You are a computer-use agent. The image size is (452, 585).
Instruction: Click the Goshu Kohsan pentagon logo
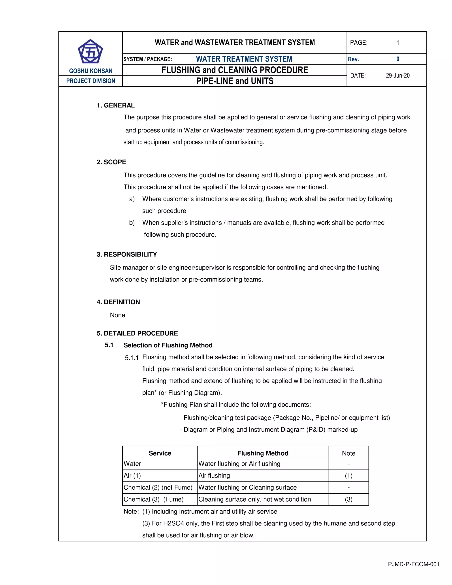tap(90, 51)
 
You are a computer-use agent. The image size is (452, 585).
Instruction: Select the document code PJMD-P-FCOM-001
tap(413, 564)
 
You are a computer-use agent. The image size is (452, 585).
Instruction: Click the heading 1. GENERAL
tap(116, 105)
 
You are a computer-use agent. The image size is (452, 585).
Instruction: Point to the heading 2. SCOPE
tap(111, 162)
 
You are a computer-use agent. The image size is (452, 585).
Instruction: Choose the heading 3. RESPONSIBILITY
tap(127, 254)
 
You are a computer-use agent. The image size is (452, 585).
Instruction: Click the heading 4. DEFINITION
tap(118, 302)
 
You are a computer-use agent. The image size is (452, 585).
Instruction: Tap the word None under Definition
tap(118, 315)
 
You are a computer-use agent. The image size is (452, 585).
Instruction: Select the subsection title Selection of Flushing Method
tap(168, 345)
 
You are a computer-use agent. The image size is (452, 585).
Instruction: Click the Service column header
tap(160, 453)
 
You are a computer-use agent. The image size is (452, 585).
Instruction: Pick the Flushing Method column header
tap(263, 453)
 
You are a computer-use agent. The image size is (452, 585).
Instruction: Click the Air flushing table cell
tap(214, 476)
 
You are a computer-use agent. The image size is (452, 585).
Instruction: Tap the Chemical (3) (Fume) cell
tap(153, 499)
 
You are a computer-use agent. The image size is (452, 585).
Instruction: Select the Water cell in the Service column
tap(132, 464)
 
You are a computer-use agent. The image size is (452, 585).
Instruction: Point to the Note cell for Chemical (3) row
tap(348, 499)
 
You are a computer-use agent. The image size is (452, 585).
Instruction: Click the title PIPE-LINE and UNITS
tap(235, 81)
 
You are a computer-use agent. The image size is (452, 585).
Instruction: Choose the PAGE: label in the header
tap(359, 43)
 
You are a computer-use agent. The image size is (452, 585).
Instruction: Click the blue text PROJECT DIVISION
tap(90, 81)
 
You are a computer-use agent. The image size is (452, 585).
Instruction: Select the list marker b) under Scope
tap(132, 223)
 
